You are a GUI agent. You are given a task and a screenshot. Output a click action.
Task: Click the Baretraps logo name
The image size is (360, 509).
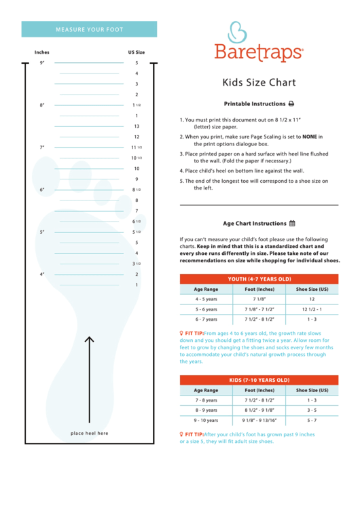click(x=258, y=52)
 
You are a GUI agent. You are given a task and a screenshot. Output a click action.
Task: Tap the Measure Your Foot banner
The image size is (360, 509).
click(x=89, y=30)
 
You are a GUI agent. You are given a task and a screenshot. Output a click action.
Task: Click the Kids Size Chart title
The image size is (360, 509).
click(x=259, y=83)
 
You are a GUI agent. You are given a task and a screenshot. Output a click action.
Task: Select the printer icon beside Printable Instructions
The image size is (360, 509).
click(x=291, y=104)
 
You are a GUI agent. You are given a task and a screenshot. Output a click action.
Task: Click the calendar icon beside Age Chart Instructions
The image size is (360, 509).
click(x=292, y=223)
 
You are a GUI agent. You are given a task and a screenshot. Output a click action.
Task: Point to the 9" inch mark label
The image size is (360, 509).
click(x=41, y=63)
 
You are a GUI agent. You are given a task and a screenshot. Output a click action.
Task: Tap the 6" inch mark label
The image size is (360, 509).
click(x=41, y=190)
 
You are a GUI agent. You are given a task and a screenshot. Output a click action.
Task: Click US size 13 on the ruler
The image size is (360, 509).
click(x=137, y=126)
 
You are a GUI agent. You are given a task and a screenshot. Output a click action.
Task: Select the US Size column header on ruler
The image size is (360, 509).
click(x=137, y=52)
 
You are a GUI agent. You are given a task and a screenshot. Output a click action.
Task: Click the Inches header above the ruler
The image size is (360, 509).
click(x=41, y=52)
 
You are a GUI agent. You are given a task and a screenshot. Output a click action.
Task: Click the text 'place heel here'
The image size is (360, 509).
click(x=89, y=433)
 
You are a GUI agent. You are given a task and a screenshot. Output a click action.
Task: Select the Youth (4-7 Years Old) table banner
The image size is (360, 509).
click(x=259, y=279)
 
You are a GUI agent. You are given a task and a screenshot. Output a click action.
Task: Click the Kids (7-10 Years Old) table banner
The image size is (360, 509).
click(x=259, y=380)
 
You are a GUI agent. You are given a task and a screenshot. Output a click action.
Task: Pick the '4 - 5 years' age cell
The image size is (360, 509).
click(x=206, y=299)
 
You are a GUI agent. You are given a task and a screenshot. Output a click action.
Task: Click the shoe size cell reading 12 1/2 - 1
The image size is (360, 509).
click(x=312, y=309)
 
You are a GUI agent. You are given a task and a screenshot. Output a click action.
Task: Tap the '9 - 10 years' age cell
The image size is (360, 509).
click(x=206, y=420)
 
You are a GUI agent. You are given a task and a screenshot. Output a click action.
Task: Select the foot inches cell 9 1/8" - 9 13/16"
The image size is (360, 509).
click(x=259, y=420)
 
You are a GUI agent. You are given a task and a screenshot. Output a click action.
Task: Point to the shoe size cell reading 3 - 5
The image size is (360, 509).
click(x=312, y=410)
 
